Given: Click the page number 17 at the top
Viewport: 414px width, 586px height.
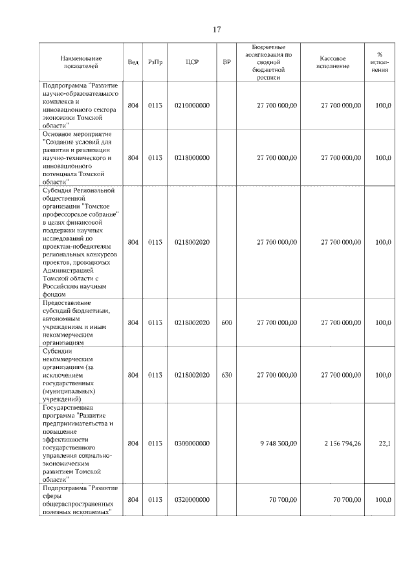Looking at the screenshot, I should tap(217, 29).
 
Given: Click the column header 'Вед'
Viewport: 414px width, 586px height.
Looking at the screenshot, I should tap(133, 62).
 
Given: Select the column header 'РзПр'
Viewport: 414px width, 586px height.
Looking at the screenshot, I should tap(155, 62).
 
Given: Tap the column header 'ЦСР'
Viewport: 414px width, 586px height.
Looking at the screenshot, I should tap(191, 62).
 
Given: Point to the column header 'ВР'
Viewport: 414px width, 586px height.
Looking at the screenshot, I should tap(226, 62).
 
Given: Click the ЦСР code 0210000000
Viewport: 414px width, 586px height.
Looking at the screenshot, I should tap(192, 105).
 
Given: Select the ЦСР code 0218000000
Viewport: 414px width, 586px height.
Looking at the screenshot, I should tap(192, 157).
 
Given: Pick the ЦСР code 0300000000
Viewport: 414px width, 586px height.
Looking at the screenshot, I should tap(192, 443).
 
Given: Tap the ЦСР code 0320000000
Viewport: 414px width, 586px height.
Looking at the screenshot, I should tap(192, 499).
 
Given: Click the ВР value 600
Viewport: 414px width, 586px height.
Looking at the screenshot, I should tap(226, 322).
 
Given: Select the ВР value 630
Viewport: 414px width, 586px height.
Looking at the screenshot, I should tap(226, 374).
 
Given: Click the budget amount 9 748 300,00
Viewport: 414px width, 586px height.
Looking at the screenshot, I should tap(278, 443).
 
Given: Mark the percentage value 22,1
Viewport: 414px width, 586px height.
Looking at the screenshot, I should tap(384, 443).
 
